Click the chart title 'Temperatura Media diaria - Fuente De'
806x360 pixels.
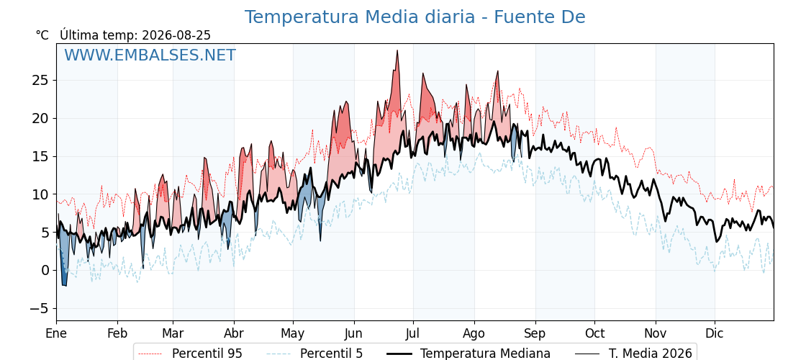coord(415,17)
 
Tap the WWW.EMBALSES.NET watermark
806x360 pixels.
coord(150,55)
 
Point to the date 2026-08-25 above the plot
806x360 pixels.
coord(176,35)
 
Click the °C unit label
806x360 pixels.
coord(42,35)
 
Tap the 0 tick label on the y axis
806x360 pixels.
coord(46,271)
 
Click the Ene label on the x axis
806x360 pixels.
coord(56,333)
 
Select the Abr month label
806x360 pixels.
coord(234,333)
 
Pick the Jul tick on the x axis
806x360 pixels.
coord(413,333)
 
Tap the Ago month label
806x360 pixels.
coord(474,333)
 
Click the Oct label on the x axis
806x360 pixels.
coord(594,333)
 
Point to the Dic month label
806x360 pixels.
coord(715,333)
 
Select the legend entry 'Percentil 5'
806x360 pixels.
coord(315,354)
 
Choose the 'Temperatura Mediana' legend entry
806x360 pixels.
coord(468,354)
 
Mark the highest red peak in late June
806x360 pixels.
coord(397,50)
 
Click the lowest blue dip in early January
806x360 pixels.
coord(65,285)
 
